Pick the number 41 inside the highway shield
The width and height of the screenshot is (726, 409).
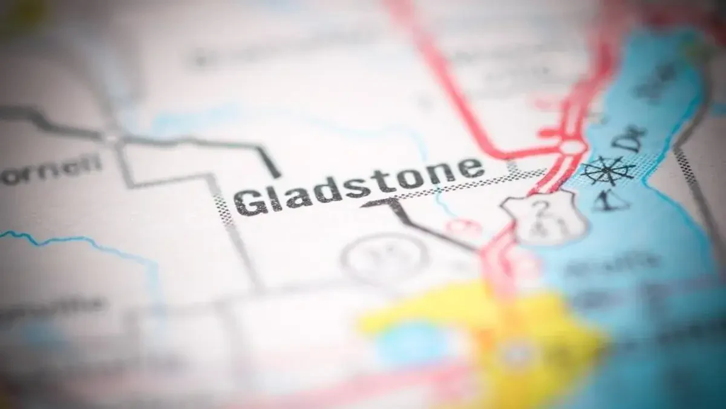coord(547,228)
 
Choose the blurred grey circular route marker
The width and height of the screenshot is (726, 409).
coord(385,258)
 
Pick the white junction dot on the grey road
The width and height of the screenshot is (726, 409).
coord(111,138)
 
